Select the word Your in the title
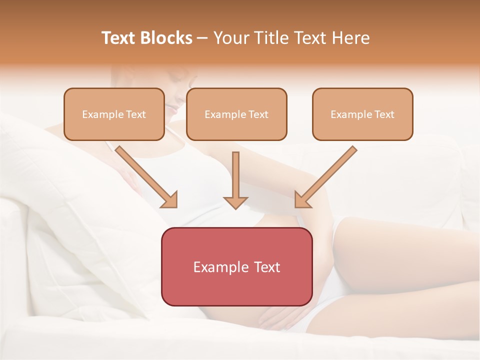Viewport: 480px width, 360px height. pos(231,38)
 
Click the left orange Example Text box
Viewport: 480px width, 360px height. pos(114,114)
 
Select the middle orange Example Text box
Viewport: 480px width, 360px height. pos(236,114)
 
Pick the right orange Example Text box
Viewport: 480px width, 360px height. pos(362,114)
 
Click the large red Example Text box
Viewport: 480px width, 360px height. pos(236,266)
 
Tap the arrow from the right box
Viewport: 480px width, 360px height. pos(325,177)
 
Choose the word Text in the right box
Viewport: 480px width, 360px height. pos(384,114)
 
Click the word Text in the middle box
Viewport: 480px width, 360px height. pos(258,114)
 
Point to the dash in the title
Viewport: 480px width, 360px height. pos(202,38)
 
